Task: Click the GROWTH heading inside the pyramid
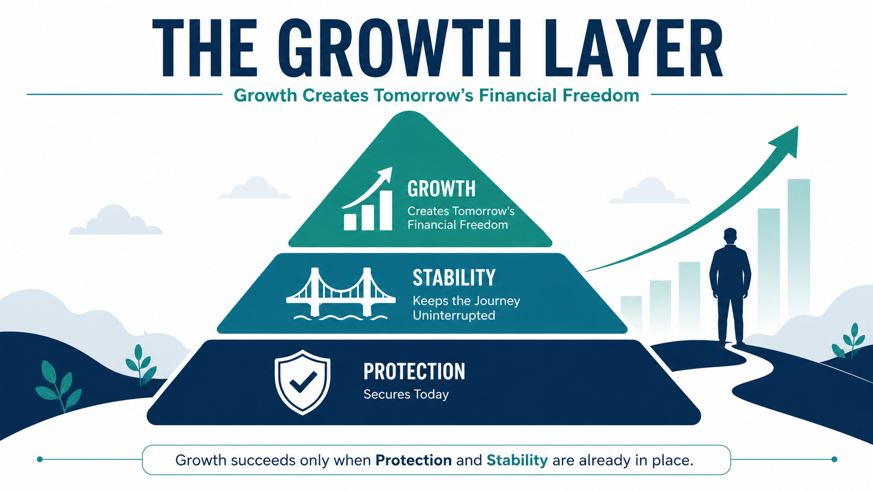coord(441,189)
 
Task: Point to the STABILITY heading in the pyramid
coord(454,278)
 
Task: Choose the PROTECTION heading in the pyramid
coord(414,371)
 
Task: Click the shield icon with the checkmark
coord(302,382)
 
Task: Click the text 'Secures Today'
coord(406,394)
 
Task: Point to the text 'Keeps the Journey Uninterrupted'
coord(466,308)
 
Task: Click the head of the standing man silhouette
coord(730,236)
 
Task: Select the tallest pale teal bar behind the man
coord(798,250)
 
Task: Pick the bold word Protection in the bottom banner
coord(414,461)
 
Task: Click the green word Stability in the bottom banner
coord(517,461)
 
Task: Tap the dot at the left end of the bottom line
coord(40,459)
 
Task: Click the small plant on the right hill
coord(847,341)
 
